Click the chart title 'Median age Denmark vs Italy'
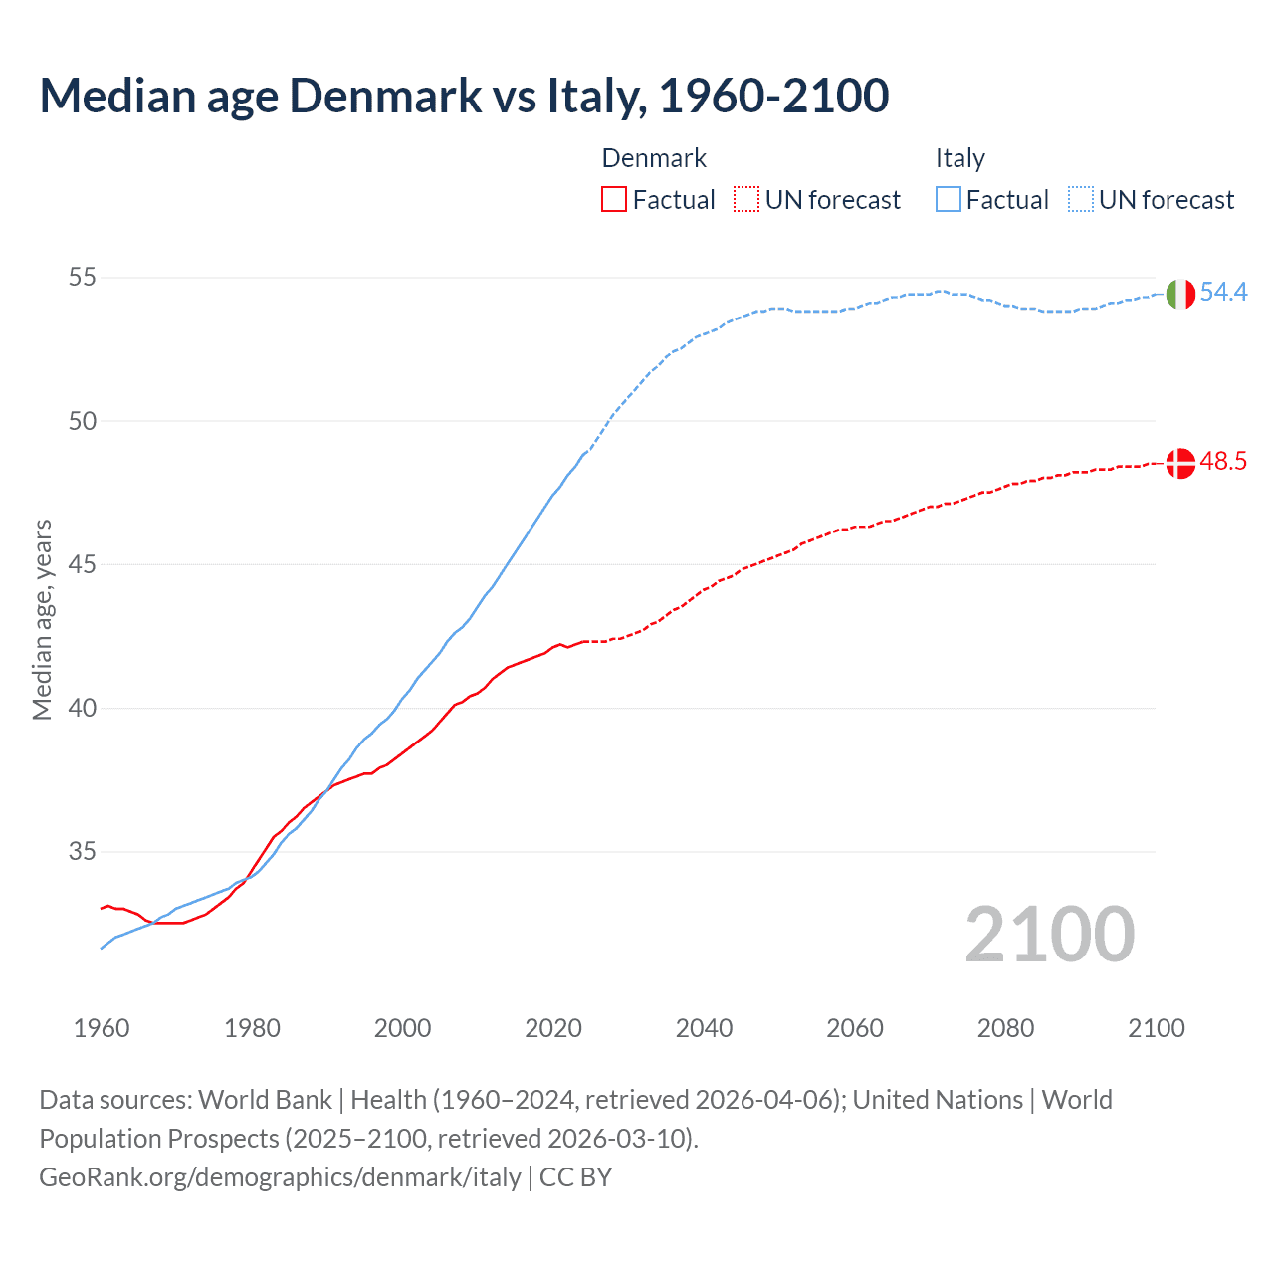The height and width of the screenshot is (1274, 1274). pyautogui.click(x=464, y=96)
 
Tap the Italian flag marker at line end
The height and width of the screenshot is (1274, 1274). pyautogui.click(x=1179, y=294)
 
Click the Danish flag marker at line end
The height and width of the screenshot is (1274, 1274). pyautogui.click(x=1179, y=463)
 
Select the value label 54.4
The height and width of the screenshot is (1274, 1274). pyautogui.click(x=1223, y=292)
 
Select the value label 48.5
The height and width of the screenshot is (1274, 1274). pyautogui.click(x=1223, y=461)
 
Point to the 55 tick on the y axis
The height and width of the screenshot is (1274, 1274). pyautogui.click(x=83, y=277)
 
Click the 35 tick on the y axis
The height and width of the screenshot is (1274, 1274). pyautogui.click(x=83, y=852)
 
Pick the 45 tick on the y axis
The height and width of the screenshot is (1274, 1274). pyautogui.click(x=83, y=564)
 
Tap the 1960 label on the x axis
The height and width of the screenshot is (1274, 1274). pyautogui.click(x=102, y=1028)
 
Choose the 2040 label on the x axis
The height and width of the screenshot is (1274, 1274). pyautogui.click(x=704, y=1028)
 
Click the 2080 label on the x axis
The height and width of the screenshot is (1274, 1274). pyautogui.click(x=1005, y=1028)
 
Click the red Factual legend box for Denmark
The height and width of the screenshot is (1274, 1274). pyautogui.click(x=614, y=199)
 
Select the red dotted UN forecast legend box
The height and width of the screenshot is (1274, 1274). pyautogui.click(x=746, y=199)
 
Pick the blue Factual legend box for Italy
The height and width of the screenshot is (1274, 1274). pyautogui.click(x=949, y=199)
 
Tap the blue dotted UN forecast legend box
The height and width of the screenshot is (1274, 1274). pyautogui.click(x=1081, y=199)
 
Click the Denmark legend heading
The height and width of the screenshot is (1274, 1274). pyautogui.click(x=654, y=158)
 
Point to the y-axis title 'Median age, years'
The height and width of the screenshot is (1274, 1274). pyautogui.click(x=43, y=619)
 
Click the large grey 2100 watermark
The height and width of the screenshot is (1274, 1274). pyautogui.click(x=1049, y=934)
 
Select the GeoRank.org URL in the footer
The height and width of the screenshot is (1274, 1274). pyautogui.click(x=280, y=1177)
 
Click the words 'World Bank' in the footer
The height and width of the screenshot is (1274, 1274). pyautogui.click(x=265, y=1100)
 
